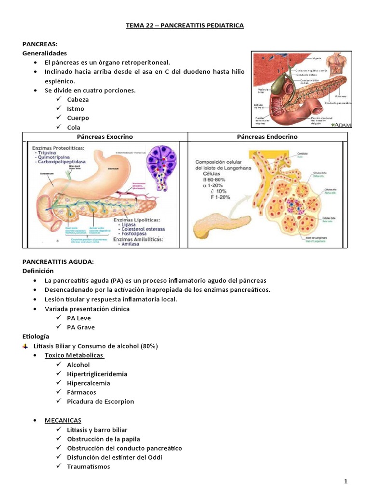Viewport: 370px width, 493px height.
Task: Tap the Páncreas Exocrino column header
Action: click(105, 137)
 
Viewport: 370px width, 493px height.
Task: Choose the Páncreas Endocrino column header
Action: click(266, 137)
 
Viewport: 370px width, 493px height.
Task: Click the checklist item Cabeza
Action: click(78, 100)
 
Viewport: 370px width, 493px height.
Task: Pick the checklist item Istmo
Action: click(76, 109)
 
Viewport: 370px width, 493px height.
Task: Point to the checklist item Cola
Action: click(74, 128)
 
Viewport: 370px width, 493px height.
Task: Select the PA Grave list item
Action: click(81, 327)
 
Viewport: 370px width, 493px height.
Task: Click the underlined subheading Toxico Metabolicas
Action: click(74, 355)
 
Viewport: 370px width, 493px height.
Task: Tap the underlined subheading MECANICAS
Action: click(63, 420)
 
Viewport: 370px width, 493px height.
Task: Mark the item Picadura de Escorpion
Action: click(101, 402)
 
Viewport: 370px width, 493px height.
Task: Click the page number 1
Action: click(346, 482)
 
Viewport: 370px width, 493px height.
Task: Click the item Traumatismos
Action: click(89, 467)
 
